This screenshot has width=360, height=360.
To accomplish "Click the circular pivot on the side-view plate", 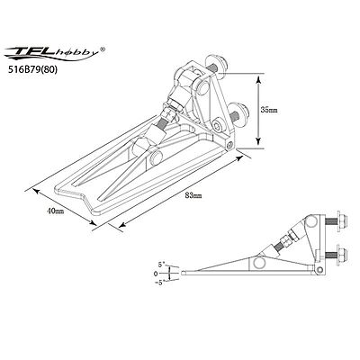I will coord(258,265).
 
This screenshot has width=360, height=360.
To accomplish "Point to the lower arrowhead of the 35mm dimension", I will coord(258,141).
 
